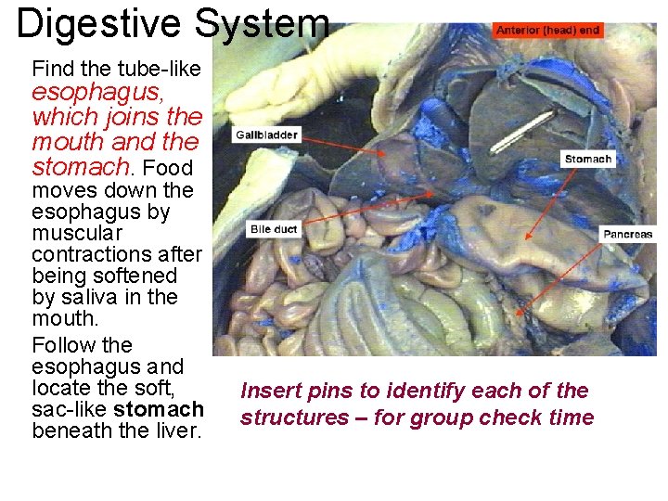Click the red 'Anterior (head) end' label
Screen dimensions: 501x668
tap(548, 30)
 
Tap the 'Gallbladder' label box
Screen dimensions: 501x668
tap(266, 135)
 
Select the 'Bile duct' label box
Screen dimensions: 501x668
tap(274, 229)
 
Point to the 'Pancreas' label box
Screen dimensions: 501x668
tap(628, 234)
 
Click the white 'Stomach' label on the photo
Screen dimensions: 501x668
tap(588, 159)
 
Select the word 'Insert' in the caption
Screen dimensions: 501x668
tap(270, 391)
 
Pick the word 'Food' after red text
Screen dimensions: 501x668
tap(168, 168)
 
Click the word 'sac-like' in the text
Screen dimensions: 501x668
tap(69, 409)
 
